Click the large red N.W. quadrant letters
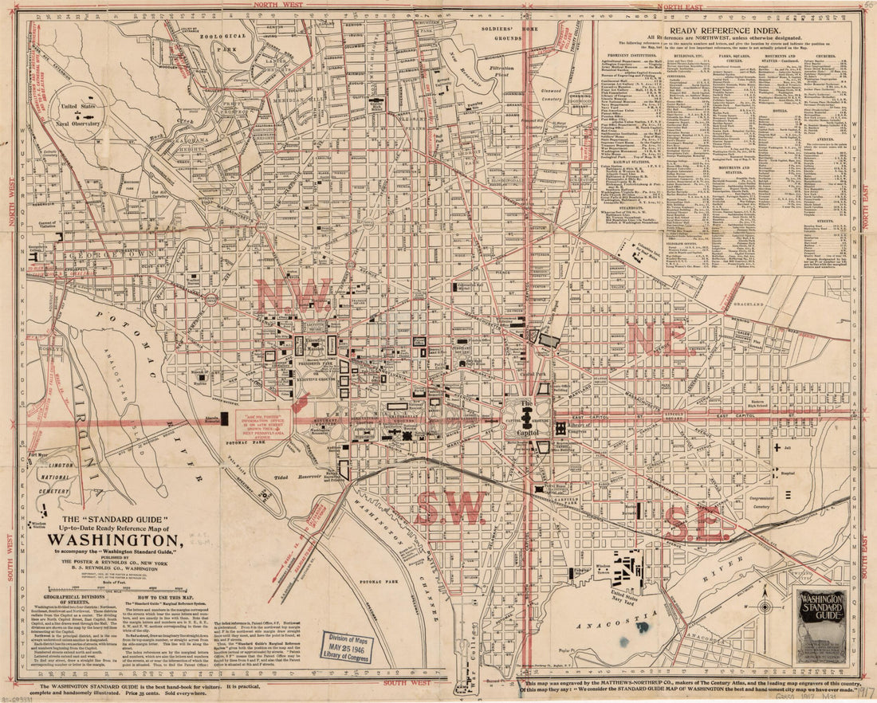[x=293, y=296]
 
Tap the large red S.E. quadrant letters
[x=698, y=524]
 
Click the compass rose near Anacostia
[x=764, y=607]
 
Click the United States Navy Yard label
[x=629, y=595]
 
